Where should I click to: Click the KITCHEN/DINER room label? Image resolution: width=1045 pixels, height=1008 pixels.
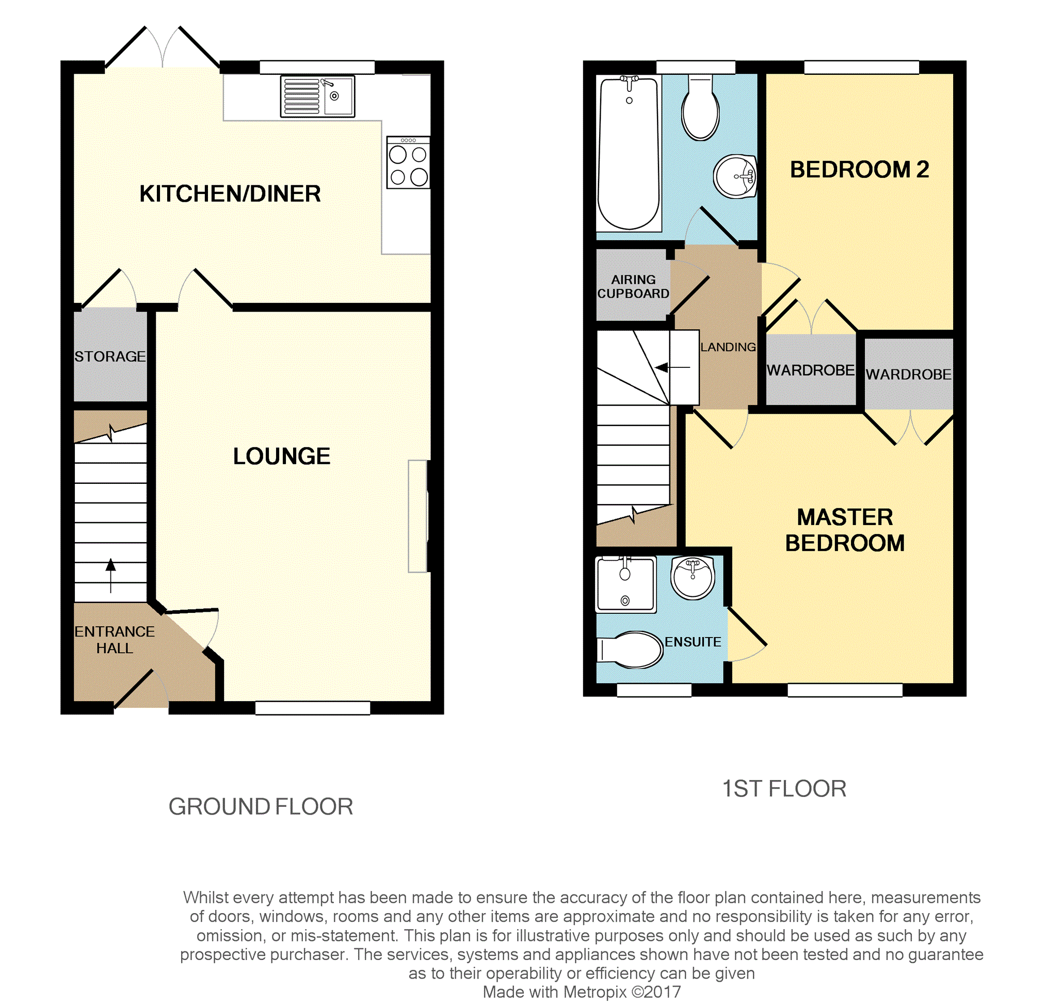pyautogui.click(x=230, y=194)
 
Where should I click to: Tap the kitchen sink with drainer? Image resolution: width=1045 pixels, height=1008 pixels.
pyautogui.click(x=317, y=96)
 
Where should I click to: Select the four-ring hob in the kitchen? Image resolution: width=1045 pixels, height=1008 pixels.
pyautogui.click(x=408, y=162)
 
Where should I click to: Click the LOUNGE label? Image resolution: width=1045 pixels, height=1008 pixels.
pyautogui.click(x=282, y=457)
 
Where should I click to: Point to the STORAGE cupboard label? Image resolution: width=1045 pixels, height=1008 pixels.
pyautogui.click(x=110, y=356)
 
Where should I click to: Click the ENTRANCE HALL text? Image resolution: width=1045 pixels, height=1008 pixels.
pyautogui.click(x=115, y=640)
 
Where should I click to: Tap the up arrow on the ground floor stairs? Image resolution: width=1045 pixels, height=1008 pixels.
pyautogui.click(x=111, y=576)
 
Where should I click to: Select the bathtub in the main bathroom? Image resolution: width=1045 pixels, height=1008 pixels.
pyautogui.click(x=629, y=154)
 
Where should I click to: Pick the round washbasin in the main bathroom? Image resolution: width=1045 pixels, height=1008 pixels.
pyautogui.click(x=735, y=176)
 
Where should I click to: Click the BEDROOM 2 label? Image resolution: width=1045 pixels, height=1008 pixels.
pyautogui.click(x=859, y=170)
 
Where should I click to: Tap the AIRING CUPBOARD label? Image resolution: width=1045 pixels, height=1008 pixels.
pyautogui.click(x=633, y=287)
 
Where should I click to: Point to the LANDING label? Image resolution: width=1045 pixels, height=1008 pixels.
pyautogui.click(x=728, y=348)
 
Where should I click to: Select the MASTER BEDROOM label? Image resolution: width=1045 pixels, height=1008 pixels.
pyautogui.click(x=845, y=530)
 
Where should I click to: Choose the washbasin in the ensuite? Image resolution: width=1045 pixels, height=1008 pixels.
pyautogui.click(x=693, y=578)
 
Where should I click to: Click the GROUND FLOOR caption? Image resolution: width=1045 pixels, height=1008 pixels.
pyautogui.click(x=261, y=807)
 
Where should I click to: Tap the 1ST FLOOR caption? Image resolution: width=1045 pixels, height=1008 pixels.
pyautogui.click(x=784, y=789)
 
